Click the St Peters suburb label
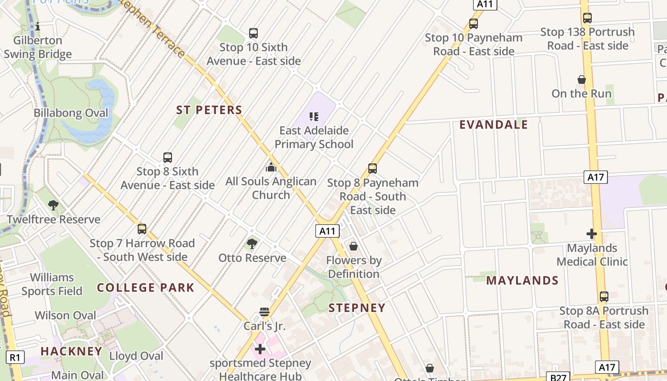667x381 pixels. tap(209, 110)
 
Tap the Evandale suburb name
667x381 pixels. tap(494, 125)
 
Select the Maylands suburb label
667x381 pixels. tap(522, 281)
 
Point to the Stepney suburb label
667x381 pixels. tap(357, 308)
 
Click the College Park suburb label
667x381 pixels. tap(145, 288)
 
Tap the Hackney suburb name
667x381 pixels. tap(71, 351)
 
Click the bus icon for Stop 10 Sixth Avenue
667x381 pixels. tap(253, 33)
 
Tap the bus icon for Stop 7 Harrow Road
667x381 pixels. tap(142, 229)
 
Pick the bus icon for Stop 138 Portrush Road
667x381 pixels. tap(587, 18)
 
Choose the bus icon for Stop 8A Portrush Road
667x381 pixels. tap(604, 297)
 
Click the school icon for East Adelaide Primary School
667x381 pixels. tap(313, 116)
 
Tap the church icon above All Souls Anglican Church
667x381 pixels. tap(271, 167)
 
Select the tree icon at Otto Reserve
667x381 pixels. tap(252, 244)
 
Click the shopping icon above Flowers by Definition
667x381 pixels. tap(354, 246)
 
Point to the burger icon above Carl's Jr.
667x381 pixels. tap(264, 312)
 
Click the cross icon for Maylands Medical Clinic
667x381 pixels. tap(592, 234)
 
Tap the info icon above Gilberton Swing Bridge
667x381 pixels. tap(38, 26)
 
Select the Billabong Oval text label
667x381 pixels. tap(71, 113)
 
